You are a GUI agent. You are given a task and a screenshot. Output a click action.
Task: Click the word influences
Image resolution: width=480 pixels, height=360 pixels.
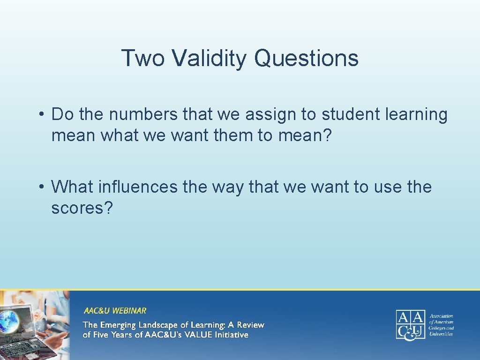coord(139,187)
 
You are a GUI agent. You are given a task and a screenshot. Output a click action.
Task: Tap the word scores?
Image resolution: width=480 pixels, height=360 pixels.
coord(82,208)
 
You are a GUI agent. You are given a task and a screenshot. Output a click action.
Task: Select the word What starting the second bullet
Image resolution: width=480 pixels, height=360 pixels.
coord(73,187)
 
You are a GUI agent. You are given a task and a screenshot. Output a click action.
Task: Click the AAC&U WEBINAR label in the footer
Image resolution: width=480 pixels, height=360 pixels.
coord(115,310)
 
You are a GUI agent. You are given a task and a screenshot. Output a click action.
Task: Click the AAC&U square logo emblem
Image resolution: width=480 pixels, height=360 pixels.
coord(410,324)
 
